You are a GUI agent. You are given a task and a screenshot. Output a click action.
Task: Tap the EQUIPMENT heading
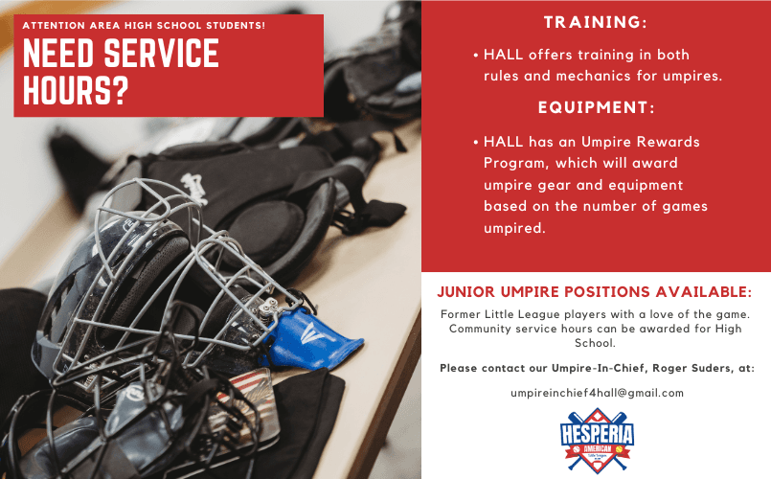click(596, 106)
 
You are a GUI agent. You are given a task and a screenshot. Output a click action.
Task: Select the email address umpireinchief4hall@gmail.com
click(596, 393)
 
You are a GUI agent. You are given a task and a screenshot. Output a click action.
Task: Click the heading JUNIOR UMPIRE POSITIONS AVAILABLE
click(595, 291)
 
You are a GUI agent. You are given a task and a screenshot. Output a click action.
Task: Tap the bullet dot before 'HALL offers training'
click(475, 56)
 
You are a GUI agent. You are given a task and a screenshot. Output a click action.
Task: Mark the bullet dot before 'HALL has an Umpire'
click(475, 142)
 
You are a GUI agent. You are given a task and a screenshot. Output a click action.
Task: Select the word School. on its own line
click(596, 343)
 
